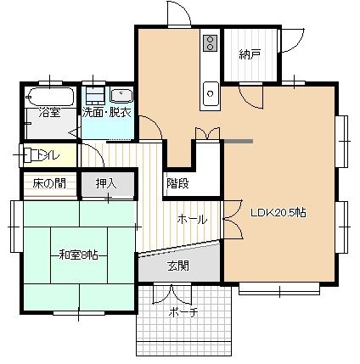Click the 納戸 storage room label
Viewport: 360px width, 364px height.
click(x=250, y=54)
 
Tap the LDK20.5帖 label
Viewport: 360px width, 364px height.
click(x=278, y=212)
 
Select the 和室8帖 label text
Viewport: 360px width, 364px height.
click(x=79, y=255)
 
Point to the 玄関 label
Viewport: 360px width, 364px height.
click(x=178, y=266)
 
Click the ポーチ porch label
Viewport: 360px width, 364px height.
click(x=183, y=312)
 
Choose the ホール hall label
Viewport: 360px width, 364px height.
click(x=192, y=219)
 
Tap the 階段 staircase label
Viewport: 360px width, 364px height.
click(x=177, y=183)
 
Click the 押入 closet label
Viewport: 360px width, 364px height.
click(x=106, y=183)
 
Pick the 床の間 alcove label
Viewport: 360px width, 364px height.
click(x=49, y=183)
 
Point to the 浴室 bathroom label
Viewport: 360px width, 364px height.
click(x=49, y=113)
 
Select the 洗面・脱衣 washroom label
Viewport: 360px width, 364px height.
click(x=107, y=113)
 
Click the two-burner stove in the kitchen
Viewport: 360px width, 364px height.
click(x=211, y=43)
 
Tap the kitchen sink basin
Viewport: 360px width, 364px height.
click(x=211, y=93)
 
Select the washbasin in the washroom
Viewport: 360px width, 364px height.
click(x=121, y=96)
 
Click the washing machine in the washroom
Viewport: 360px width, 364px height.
click(x=95, y=94)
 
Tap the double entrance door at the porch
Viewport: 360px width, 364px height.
click(x=172, y=294)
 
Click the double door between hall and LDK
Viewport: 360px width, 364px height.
click(x=233, y=219)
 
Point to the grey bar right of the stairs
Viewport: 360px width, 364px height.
click(x=238, y=141)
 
